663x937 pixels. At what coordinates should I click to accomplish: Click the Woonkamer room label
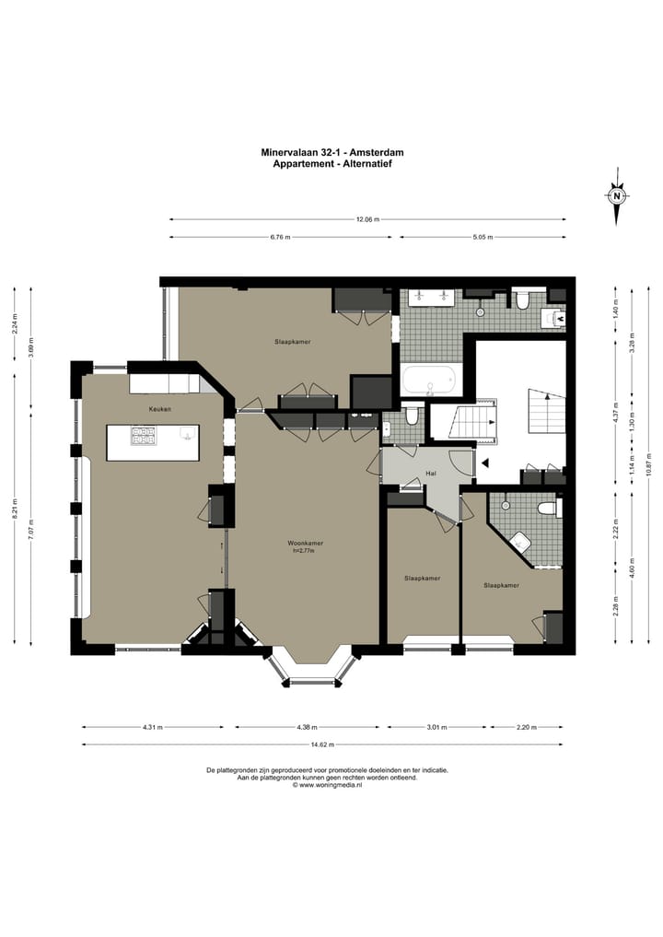click(x=305, y=544)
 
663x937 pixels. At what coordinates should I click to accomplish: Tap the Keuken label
click(x=160, y=409)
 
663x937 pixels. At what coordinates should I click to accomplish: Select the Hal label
click(x=431, y=474)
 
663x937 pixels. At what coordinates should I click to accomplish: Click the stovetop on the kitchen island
click(x=144, y=435)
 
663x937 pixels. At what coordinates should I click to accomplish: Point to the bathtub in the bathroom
click(x=428, y=380)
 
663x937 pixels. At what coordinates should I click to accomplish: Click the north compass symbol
click(x=618, y=196)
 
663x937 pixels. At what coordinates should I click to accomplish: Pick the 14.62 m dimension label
click(x=323, y=744)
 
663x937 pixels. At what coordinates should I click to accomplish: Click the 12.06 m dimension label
click(x=368, y=219)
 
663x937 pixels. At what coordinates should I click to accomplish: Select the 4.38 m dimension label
click(x=307, y=727)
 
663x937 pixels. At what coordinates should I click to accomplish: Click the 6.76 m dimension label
click(x=280, y=237)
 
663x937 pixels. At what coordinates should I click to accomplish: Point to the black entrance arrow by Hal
click(x=485, y=463)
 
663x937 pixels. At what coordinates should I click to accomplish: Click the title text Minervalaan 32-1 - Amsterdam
click(x=332, y=152)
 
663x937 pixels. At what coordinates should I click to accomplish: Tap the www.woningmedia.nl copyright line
click(x=327, y=785)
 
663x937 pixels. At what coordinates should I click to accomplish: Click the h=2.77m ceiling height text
click(x=304, y=551)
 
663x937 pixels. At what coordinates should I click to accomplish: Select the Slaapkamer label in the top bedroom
click(x=293, y=342)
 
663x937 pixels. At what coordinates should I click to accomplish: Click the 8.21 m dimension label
click(x=15, y=509)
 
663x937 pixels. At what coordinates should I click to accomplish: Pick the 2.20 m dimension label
click(x=527, y=727)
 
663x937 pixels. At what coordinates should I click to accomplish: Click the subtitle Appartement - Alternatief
click(x=332, y=163)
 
